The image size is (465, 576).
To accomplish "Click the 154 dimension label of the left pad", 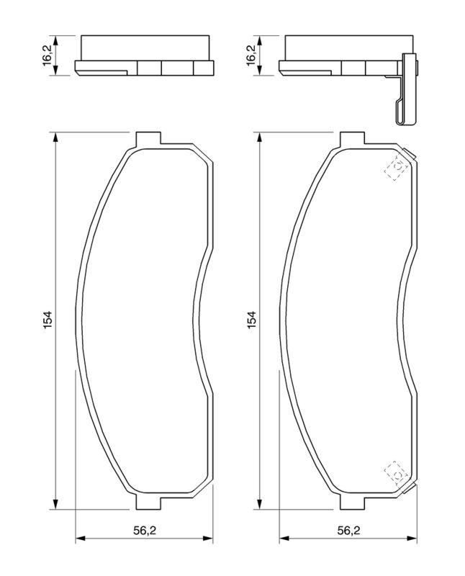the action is pos(48,320).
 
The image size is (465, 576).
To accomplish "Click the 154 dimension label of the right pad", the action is pos(252,320).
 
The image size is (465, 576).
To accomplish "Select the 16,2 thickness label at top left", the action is pos(48,55).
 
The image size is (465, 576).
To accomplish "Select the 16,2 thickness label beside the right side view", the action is pos(252,55).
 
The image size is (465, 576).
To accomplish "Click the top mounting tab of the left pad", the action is pos(148,138).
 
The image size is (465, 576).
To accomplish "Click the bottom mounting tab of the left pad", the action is pos(148,503).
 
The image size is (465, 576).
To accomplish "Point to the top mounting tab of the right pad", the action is pos(352,138).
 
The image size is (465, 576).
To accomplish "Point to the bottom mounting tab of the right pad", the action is pos(352,503).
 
